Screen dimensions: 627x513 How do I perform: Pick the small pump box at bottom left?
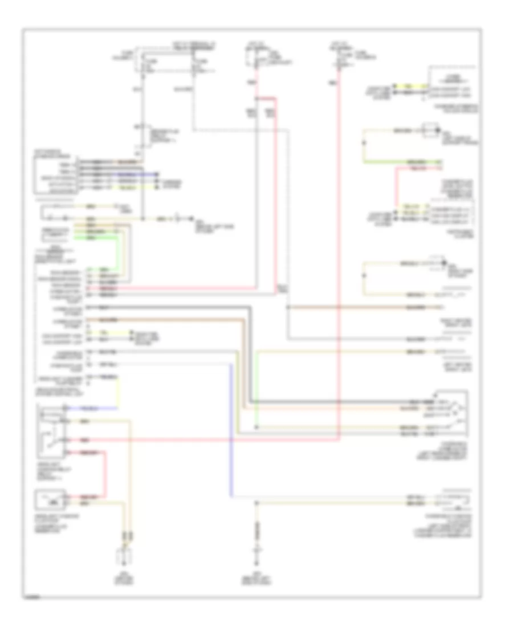[51, 502]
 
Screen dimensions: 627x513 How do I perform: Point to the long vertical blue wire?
[231, 427]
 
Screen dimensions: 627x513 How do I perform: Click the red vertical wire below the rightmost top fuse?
[337, 256]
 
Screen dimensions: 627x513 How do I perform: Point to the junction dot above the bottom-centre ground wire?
[256, 503]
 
